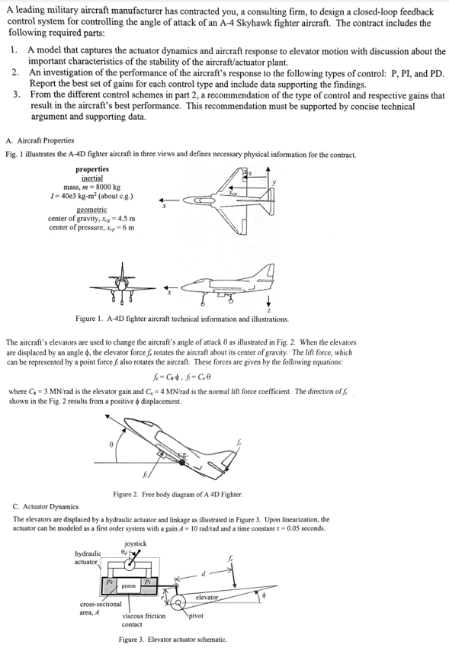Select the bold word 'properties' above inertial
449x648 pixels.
91,168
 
